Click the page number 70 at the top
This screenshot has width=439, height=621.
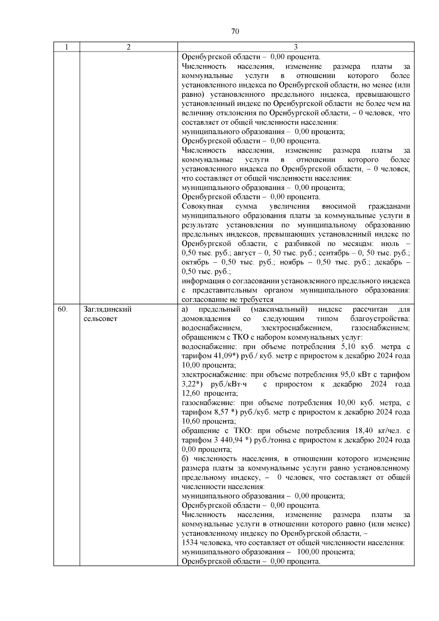(235, 31)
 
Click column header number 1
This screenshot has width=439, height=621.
(66, 47)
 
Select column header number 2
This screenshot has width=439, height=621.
(128, 47)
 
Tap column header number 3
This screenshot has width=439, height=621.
(296, 47)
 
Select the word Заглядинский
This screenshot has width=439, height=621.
(108, 309)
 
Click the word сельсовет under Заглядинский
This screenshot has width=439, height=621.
(101, 319)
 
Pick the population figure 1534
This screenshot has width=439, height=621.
(189, 543)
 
